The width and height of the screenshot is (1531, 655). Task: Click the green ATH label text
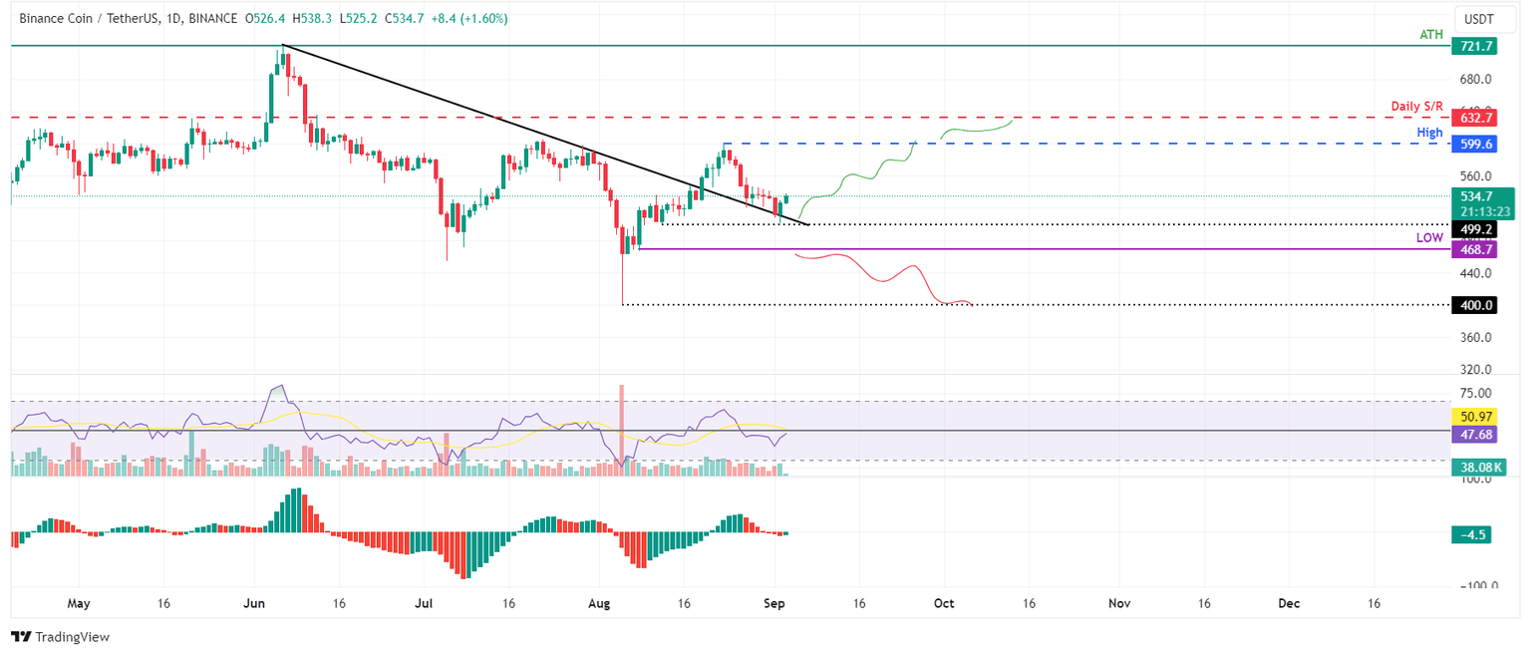pos(1430,35)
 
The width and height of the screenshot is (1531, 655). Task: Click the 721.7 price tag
pos(1476,47)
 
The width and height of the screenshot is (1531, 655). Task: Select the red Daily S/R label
pos(1416,106)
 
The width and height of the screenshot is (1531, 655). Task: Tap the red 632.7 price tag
pos(1476,118)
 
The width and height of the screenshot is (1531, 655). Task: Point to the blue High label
pos(1429,133)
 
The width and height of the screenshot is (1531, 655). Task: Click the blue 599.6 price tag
pos(1476,145)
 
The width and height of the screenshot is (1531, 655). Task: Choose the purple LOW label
pos(1429,238)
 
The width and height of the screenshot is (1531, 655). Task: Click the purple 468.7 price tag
pos(1476,249)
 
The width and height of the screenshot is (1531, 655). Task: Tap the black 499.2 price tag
pos(1476,229)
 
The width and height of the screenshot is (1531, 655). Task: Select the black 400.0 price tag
pos(1476,305)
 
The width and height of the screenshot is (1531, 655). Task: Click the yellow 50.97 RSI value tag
pos(1476,417)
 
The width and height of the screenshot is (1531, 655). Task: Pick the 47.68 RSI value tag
pos(1476,434)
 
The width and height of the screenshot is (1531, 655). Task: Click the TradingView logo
pos(60,636)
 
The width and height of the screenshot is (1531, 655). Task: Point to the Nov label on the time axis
pos(1119,603)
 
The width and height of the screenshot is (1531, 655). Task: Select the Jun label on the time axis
pos(254,603)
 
